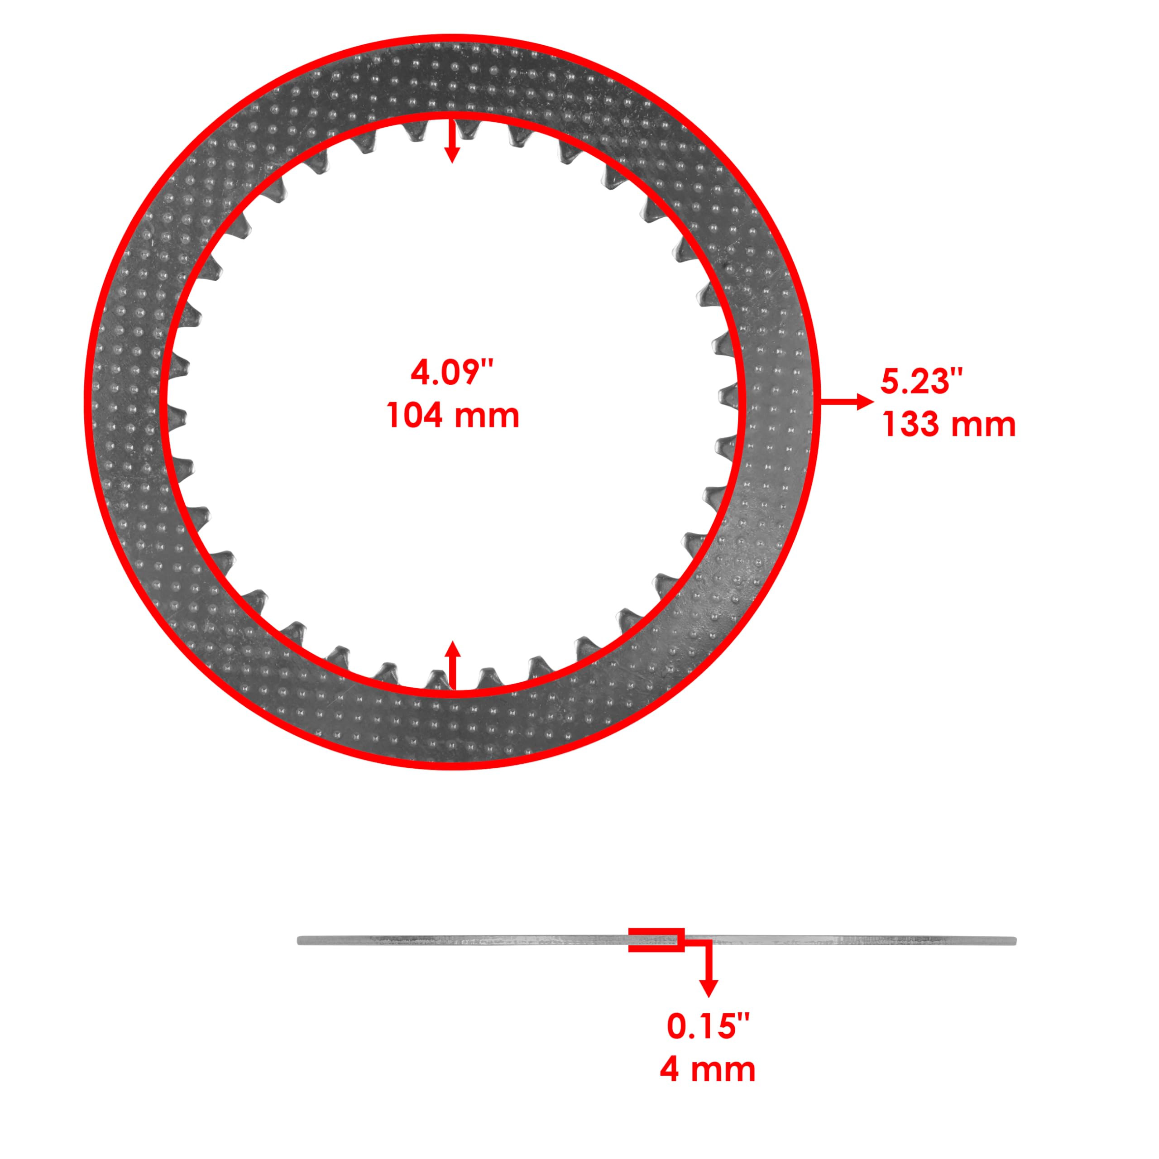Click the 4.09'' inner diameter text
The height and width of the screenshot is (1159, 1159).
452,373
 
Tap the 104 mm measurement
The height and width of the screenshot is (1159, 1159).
452,416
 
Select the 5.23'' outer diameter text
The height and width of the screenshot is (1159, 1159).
921,382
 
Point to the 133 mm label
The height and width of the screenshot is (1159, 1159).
948,425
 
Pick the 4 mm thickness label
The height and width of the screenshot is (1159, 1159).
708,1070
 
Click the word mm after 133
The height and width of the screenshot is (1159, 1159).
984,425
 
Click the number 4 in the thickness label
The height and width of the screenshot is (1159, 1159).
670,1070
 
